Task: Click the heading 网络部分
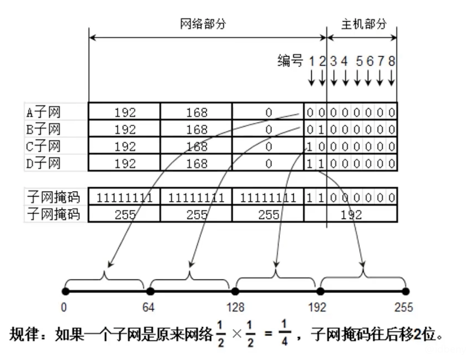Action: [203, 24]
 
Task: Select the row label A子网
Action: [43, 112]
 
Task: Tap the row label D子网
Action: [43, 163]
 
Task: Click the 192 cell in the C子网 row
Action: [125, 146]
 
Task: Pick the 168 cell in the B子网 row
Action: [197, 129]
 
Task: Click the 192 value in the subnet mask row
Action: [350, 214]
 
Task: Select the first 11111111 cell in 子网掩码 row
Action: [125, 198]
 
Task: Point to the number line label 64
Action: [149, 308]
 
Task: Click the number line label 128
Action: [235, 308]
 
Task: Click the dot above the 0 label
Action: [65, 291]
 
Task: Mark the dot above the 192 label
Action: [320, 291]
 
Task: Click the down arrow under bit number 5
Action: [358, 78]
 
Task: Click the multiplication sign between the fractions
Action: [236, 335]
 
